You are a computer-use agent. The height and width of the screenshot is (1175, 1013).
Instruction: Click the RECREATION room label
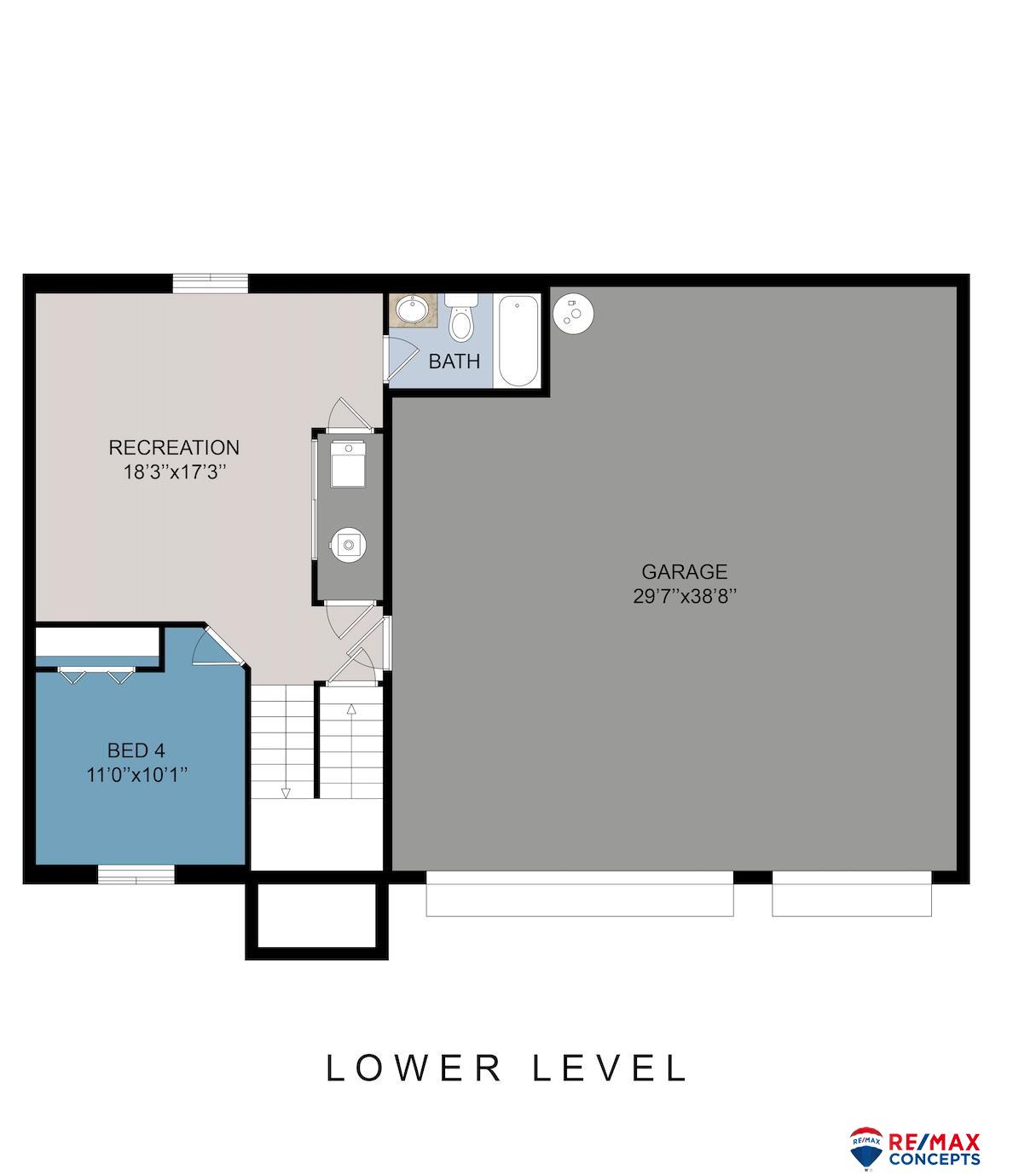(174, 448)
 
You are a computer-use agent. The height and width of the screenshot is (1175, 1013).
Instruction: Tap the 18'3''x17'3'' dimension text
(175, 472)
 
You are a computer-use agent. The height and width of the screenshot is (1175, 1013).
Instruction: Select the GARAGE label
(685, 571)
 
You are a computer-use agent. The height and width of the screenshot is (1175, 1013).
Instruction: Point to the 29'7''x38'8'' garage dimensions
(685, 596)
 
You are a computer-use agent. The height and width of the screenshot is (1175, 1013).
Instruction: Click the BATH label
(454, 362)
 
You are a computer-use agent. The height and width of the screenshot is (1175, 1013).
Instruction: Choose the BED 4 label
(136, 751)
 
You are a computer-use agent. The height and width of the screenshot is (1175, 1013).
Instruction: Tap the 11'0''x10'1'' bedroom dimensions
(137, 775)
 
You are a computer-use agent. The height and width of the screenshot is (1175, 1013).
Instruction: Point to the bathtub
(518, 341)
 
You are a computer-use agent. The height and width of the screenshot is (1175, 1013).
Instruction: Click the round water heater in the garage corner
(574, 313)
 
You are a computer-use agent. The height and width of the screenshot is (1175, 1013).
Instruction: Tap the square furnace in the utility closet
(348, 466)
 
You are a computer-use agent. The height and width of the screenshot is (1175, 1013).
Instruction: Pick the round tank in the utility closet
(347, 545)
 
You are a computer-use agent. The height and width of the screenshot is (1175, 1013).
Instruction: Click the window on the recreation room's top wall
(211, 284)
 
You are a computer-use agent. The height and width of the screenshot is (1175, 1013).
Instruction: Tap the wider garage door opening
(580, 894)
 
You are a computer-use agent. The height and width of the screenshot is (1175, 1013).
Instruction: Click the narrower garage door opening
(852, 894)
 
